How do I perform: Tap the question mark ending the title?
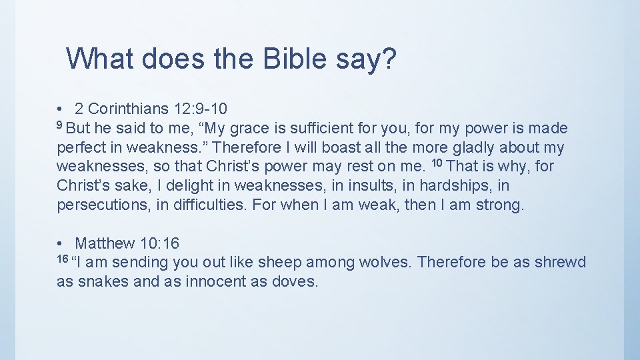pos(390,59)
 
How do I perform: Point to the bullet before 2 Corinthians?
pos(60,109)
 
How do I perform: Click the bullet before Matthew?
pos(60,244)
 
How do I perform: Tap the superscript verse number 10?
pos(437,163)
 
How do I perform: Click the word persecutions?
pos(103,205)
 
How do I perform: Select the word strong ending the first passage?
pos(499,205)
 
